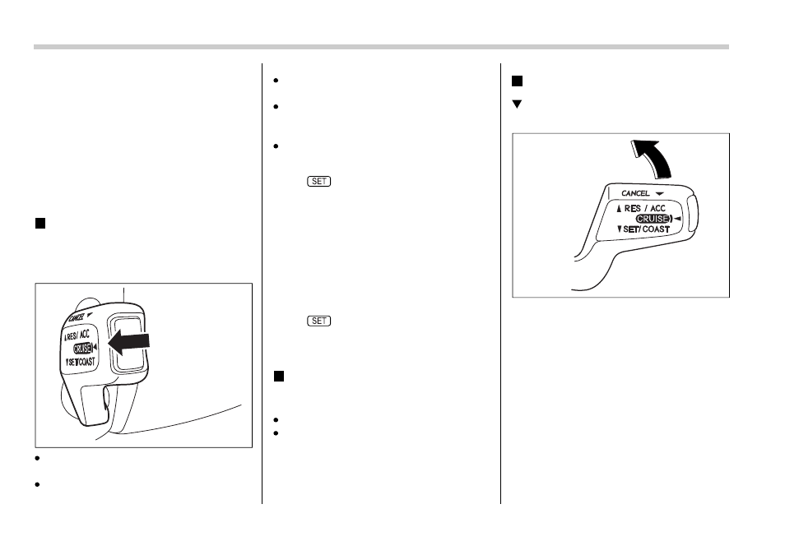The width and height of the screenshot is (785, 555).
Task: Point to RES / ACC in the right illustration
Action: tap(646, 208)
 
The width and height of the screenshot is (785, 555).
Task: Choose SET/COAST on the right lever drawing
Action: tap(645, 229)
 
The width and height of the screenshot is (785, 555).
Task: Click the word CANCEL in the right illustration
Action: tap(635, 193)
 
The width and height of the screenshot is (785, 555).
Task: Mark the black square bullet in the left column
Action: tap(39, 224)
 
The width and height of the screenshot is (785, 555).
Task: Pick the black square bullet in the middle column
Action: tap(278, 376)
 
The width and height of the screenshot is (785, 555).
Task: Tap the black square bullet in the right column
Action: tap(517, 81)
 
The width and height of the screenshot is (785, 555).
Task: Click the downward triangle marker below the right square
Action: tap(517, 104)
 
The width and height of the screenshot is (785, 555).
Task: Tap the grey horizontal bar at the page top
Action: tap(381, 47)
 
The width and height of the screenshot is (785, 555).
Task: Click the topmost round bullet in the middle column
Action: tap(278, 81)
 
